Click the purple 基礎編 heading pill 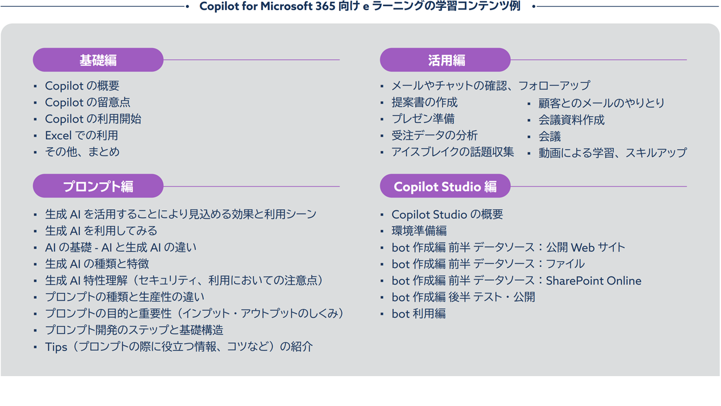pos(98,60)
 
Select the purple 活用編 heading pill pos(445,60)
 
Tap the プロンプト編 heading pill pos(98,186)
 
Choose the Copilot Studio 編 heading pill pos(445,186)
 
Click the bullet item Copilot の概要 pos(82,86)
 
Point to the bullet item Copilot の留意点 pos(87,102)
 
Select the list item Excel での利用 pos(82,135)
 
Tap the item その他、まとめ pos(82,152)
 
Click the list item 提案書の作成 pos(424,102)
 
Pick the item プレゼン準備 pos(423,118)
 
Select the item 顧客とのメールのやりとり pos(601,103)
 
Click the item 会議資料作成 pos(571,120)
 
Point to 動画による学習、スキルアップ pos(612,153)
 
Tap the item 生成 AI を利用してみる pos(101,231)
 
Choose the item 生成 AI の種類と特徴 pos(97,264)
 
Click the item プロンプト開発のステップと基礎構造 pos(134,330)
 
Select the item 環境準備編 pos(419,231)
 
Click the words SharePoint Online pos(594,281)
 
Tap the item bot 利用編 pos(419,314)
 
